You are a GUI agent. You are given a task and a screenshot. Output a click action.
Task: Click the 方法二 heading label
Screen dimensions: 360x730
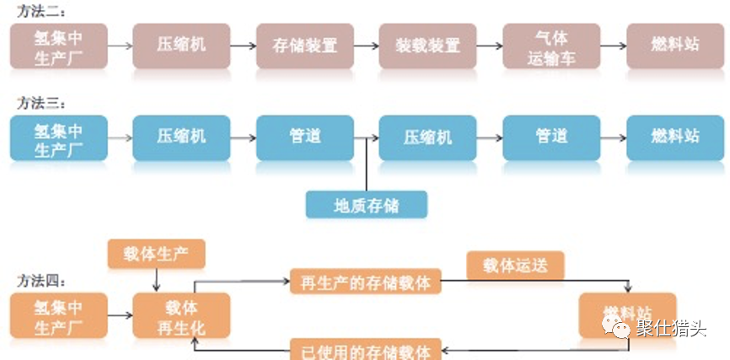click(x=41, y=11)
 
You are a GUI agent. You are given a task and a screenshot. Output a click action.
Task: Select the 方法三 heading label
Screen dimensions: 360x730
click(x=41, y=102)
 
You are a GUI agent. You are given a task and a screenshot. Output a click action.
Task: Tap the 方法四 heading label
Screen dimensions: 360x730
click(x=41, y=281)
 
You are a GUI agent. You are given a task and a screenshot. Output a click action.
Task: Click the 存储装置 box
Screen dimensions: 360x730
click(x=304, y=46)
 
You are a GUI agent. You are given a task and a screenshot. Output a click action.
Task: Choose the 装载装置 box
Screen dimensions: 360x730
click(x=427, y=46)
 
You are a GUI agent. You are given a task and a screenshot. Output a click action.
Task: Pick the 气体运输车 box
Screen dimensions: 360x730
click(x=551, y=46)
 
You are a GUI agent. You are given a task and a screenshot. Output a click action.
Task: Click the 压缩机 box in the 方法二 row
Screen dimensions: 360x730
click(x=181, y=46)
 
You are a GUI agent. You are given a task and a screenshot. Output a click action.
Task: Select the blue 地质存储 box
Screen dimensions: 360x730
click(x=366, y=205)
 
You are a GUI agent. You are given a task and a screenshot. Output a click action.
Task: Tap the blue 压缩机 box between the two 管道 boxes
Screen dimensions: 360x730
click(x=427, y=137)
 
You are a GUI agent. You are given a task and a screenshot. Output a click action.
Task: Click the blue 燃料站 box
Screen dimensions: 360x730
click(x=674, y=137)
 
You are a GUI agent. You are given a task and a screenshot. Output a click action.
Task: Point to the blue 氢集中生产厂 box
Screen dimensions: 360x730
click(x=58, y=137)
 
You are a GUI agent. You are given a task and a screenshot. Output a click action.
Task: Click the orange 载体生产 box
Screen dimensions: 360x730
click(x=156, y=254)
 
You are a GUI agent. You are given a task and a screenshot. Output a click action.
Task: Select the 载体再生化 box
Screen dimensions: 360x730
click(x=181, y=316)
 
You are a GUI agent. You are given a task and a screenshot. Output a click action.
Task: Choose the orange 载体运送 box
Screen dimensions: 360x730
click(x=515, y=266)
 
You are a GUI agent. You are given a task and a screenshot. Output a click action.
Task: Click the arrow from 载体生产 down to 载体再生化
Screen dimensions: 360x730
click(x=157, y=280)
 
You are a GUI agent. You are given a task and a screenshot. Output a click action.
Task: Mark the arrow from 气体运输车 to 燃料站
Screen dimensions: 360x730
click(x=613, y=46)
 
